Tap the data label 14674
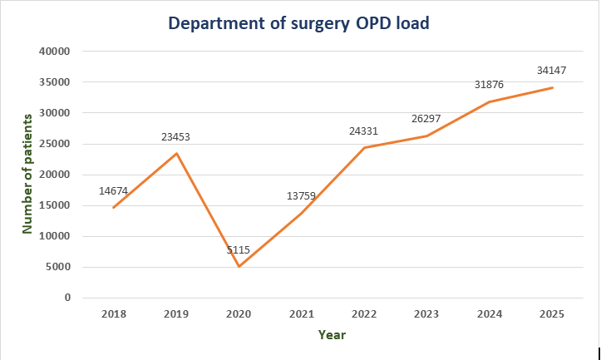point(113,190)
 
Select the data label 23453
point(175,136)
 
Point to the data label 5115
point(239,249)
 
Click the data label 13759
point(301,196)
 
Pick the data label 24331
point(364,131)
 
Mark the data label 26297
point(426,119)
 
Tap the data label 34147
point(552,71)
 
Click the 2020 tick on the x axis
point(239,314)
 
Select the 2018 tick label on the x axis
point(113,314)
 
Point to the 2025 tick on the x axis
point(552,314)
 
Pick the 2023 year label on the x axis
point(426,314)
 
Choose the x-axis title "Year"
point(332,335)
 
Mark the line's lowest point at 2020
point(239,266)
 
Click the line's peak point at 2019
point(176,153)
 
